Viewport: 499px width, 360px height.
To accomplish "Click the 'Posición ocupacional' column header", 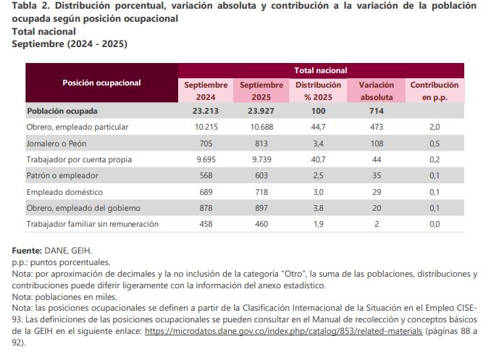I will (x=101, y=83).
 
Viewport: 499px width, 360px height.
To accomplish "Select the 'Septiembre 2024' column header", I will (x=206, y=91).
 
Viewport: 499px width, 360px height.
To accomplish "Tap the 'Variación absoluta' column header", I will (x=376, y=91).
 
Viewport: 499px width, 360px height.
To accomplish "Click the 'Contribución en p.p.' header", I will (x=435, y=91).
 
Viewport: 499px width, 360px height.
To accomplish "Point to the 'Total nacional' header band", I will (x=320, y=70).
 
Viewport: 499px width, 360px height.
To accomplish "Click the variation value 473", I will (x=376, y=127).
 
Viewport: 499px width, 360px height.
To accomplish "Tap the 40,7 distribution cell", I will (x=318, y=159).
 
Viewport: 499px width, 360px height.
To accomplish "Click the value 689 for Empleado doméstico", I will (x=206, y=192).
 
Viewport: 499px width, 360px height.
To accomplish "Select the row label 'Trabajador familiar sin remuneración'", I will (x=92, y=224).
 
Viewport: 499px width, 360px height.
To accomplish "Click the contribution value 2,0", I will (x=435, y=127).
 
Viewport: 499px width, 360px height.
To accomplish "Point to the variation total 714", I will (x=376, y=111).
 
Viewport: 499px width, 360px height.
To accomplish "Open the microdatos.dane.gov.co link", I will (x=283, y=330).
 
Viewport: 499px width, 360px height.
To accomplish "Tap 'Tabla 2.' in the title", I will (x=32, y=6).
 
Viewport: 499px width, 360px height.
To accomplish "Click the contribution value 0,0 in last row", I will (x=435, y=224).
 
